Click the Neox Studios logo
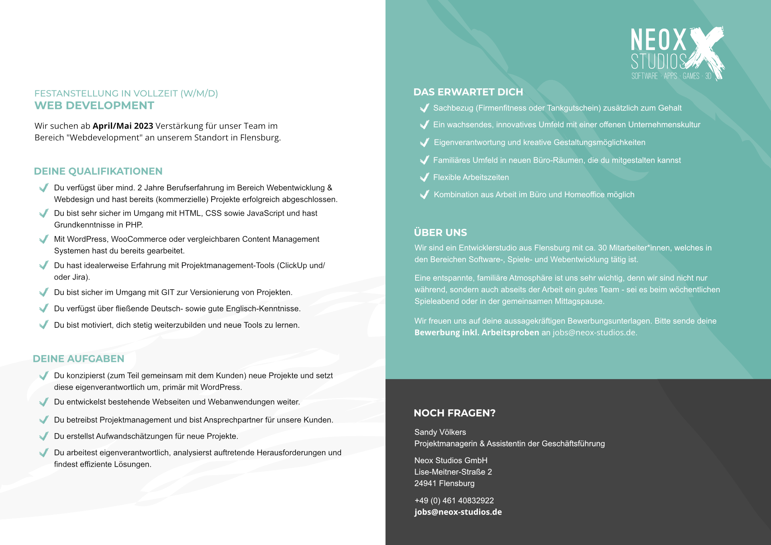click(x=677, y=53)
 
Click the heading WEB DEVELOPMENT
click(x=94, y=106)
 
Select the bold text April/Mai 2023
click(x=123, y=126)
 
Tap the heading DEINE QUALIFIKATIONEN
click(x=98, y=171)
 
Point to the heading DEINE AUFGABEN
click(x=78, y=359)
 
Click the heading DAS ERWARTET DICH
click(x=468, y=92)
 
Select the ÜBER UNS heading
click(x=440, y=233)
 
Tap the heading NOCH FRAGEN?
click(x=455, y=413)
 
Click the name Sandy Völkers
click(x=440, y=432)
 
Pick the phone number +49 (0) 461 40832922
click(x=454, y=500)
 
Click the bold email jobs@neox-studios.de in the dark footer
click(x=458, y=512)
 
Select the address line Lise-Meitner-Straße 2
click(x=453, y=472)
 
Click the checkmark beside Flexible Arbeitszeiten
click(x=424, y=177)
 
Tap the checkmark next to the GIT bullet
click(x=44, y=292)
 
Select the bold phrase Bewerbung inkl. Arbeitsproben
click(x=477, y=333)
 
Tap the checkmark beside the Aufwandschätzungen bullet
click(x=44, y=436)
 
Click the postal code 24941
click(x=425, y=484)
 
